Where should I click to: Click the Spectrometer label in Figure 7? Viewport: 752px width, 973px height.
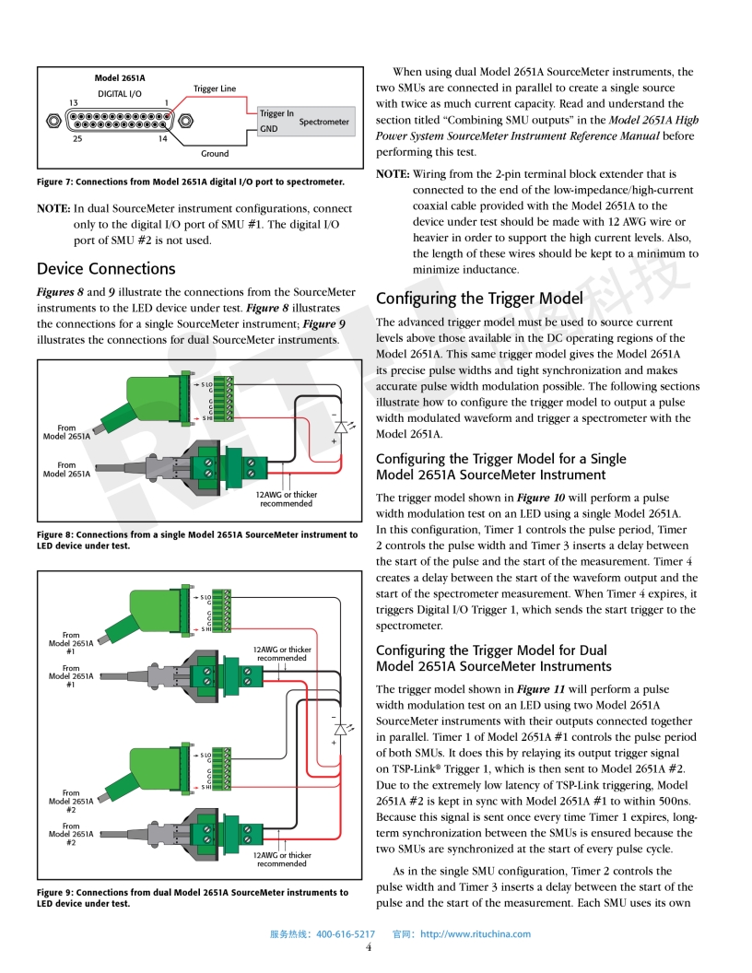pyautogui.click(x=323, y=122)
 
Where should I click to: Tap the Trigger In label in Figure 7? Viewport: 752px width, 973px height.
pyautogui.click(x=276, y=113)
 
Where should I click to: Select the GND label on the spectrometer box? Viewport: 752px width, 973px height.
pyautogui.click(x=269, y=129)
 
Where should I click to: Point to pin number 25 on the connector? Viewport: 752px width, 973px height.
pyautogui.click(x=77, y=138)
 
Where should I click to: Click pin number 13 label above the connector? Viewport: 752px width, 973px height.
pyautogui.click(x=73, y=103)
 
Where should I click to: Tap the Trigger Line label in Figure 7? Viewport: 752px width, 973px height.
pyautogui.click(x=215, y=88)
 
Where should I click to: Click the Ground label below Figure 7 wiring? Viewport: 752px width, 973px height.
pyautogui.click(x=215, y=153)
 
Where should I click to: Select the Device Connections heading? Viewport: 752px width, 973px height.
pyautogui.click(x=106, y=269)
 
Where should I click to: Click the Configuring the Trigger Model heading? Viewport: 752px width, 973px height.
pyautogui.click(x=479, y=299)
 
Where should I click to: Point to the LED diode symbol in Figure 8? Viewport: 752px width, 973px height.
pyautogui.click(x=341, y=427)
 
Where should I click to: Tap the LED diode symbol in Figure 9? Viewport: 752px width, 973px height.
pyautogui.click(x=341, y=729)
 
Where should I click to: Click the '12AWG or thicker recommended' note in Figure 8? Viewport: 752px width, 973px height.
pyautogui.click(x=286, y=498)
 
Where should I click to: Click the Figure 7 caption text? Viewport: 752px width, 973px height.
pyautogui.click(x=191, y=182)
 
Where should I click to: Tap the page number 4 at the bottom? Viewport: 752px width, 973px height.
pyautogui.click(x=369, y=947)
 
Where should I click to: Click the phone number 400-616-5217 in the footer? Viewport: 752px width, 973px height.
pyautogui.click(x=346, y=934)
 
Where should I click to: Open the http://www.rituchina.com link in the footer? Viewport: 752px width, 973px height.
pyautogui.click(x=476, y=934)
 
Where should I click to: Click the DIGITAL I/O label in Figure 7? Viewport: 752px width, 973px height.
pyautogui.click(x=120, y=94)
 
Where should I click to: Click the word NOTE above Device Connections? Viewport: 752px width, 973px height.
pyautogui.click(x=53, y=208)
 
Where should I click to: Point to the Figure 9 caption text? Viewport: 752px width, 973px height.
pyautogui.click(x=193, y=897)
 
